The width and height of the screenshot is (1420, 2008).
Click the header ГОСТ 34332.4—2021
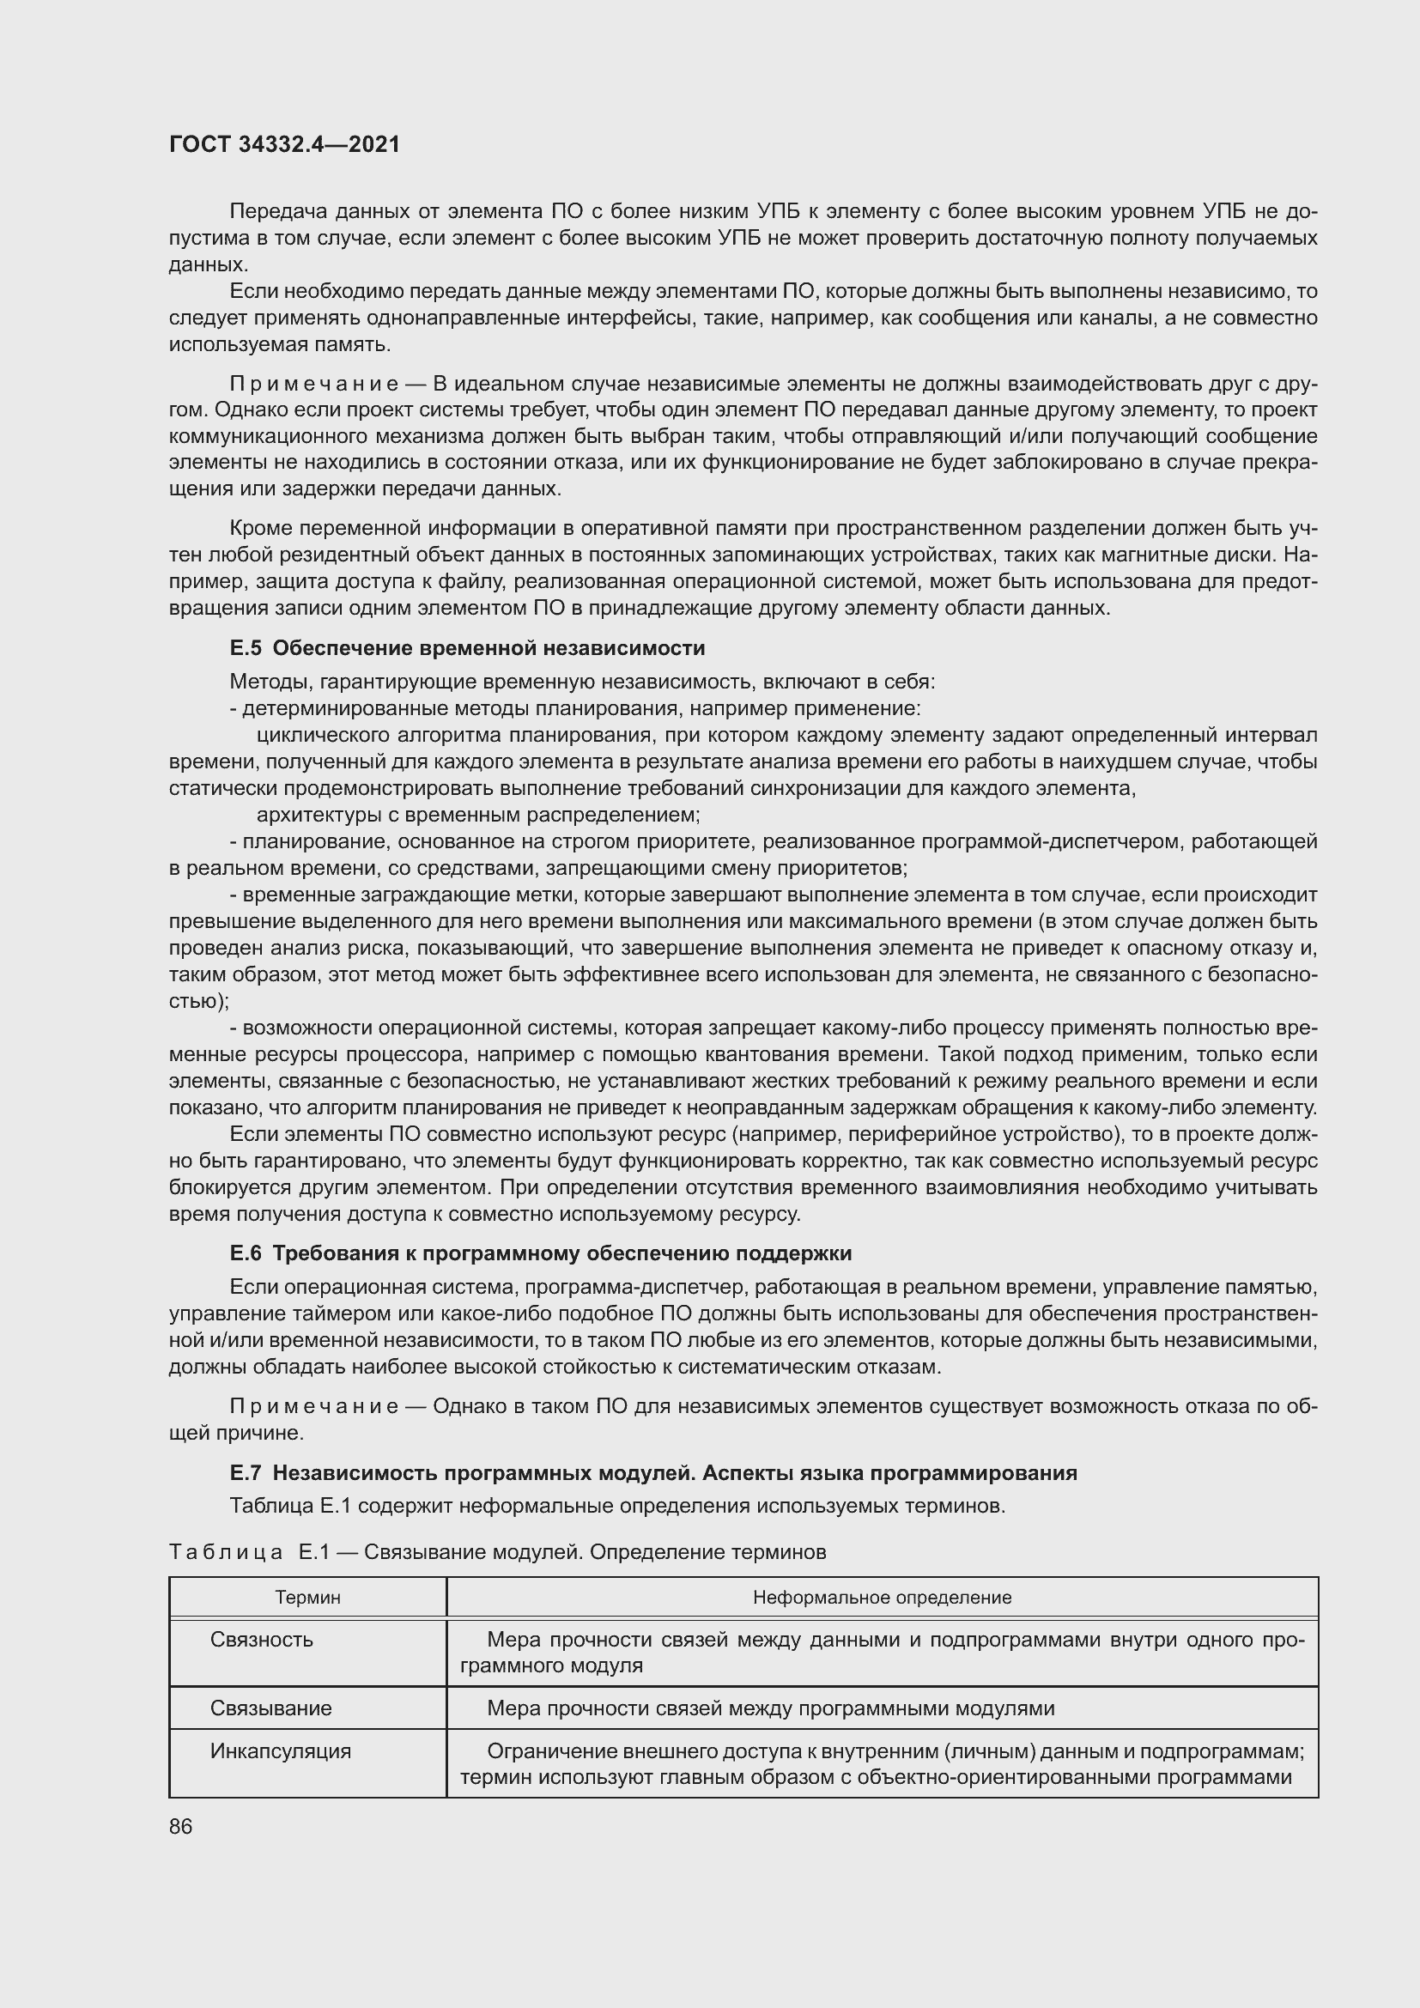284,144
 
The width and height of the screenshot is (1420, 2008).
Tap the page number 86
181,1827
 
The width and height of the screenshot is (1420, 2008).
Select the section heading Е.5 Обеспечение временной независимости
467,648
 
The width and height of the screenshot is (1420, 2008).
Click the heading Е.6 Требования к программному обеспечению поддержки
540,1253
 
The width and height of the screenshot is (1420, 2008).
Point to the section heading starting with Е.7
652,1473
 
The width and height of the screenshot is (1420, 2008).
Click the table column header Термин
308,1597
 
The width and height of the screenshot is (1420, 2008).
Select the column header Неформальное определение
882,1597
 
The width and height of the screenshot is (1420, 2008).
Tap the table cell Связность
262,1639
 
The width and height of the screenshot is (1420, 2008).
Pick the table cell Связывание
271,1708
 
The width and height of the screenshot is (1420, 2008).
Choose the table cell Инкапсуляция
280,1750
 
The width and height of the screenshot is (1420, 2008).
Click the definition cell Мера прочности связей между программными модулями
769,1708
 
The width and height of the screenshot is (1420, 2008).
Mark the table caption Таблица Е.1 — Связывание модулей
496,1551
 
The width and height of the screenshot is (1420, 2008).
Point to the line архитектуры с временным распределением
478,815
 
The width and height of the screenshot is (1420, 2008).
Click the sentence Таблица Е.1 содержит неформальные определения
616,1505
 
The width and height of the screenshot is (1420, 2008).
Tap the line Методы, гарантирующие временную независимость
581,682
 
